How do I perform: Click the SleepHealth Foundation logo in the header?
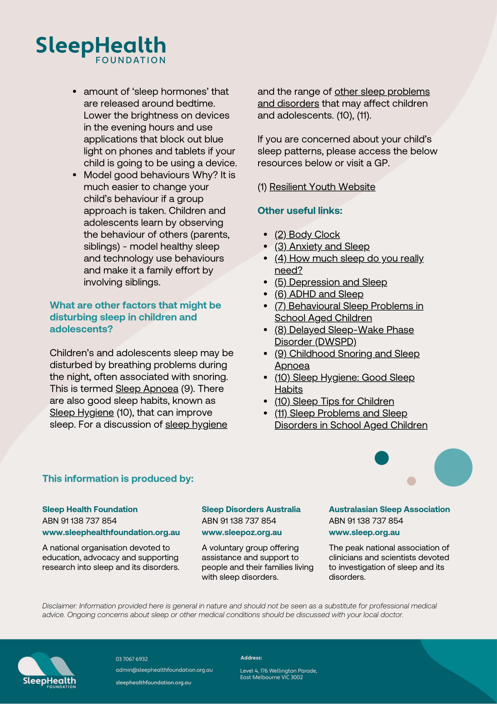[101, 49]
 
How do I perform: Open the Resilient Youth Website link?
[322, 187]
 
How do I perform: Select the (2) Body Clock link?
[307, 235]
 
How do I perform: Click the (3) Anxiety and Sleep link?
[322, 247]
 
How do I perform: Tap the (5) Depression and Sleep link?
[330, 282]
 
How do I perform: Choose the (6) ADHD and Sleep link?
[319, 294]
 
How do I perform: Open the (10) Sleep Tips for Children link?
[334, 401]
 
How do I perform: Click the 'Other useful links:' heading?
[300, 211]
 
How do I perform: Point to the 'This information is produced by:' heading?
[118, 479]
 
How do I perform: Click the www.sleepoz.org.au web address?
[241, 533]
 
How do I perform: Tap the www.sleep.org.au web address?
[364, 533]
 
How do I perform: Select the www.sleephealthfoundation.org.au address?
[111, 533]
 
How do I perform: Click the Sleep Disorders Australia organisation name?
[251, 509]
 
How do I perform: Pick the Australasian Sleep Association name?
[389, 509]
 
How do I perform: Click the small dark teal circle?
[381, 458]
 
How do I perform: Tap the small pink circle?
[411, 481]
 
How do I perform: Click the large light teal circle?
[453, 467]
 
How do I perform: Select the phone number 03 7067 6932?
[132, 659]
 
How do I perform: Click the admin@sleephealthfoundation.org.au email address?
[164, 670]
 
